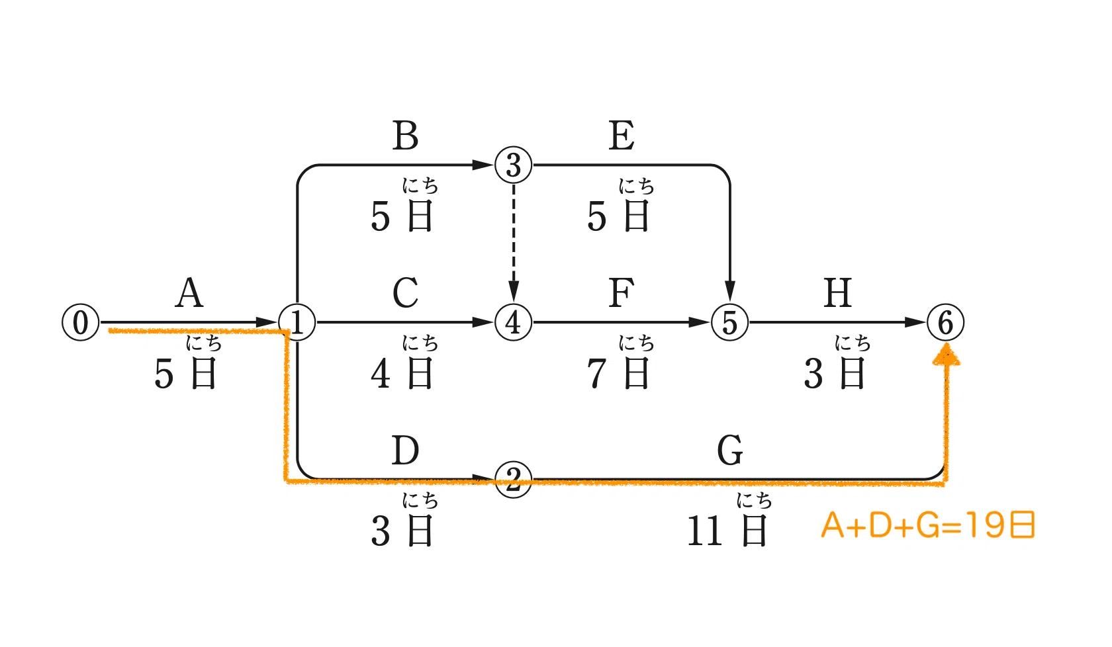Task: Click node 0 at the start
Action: pyautogui.click(x=81, y=323)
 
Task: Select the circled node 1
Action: pyautogui.click(x=297, y=323)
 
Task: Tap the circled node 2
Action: pyautogui.click(x=514, y=480)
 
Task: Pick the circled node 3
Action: pyautogui.click(x=514, y=165)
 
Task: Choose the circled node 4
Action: pyautogui.click(x=514, y=323)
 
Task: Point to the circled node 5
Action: pyautogui.click(x=729, y=323)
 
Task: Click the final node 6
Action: pyautogui.click(x=946, y=323)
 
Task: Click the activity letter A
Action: pyautogui.click(x=189, y=292)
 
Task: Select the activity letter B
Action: pyautogui.click(x=405, y=135)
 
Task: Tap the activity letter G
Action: pyautogui.click(x=730, y=450)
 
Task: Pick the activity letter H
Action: pyautogui.click(x=838, y=292)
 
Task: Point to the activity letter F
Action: pyautogui.click(x=622, y=292)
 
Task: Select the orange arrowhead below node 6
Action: pyautogui.click(x=947, y=355)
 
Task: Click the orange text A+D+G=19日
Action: pyautogui.click(x=928, y=525)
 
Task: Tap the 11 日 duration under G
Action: pyautogui.click(x=727, y=531)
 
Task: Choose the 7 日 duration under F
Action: pyautogui.click(x=618, y=373)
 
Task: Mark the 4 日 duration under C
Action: pyautogui.click(x=402, y=373)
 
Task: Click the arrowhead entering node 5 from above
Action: pyautogui.click(x=729, y=291)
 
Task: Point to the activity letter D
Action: pyautogui.click(x=405, y=450)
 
